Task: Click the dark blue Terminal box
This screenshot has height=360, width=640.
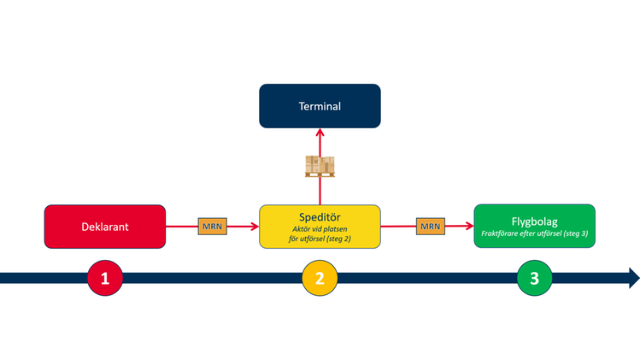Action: [x=320, y=106]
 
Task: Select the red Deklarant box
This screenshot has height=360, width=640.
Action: [x=104, y=227]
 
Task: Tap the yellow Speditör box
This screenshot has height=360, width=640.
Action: [x=320, y=227]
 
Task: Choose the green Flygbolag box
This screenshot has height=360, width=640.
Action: [x=534, y=227]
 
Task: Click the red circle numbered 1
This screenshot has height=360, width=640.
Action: [x=105, y=278]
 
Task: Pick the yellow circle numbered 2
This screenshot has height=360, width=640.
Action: [x=320, y=278]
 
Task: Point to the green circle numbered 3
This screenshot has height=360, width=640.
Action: [x=535, y=278]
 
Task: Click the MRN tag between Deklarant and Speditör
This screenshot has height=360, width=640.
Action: [x=212, y=227]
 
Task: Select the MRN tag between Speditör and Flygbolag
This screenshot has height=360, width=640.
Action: [x=430, y=227]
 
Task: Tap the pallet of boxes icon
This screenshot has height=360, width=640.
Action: [x=320, y=166]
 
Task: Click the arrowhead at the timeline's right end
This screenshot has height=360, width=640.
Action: [x=633, y=278]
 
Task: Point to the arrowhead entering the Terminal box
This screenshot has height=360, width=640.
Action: [x=320, y=133]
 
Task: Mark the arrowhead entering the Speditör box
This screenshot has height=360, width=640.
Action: [x=254, y=227]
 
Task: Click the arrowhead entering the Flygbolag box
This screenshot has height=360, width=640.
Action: [x=469, y=227]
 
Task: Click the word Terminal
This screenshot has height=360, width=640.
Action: [x=320, y=107]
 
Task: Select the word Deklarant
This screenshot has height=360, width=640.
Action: [x=104, y=227]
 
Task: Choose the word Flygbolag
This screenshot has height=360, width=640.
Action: [x=534, y=221]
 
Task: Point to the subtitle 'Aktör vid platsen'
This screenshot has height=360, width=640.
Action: [x=320, y=230]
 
